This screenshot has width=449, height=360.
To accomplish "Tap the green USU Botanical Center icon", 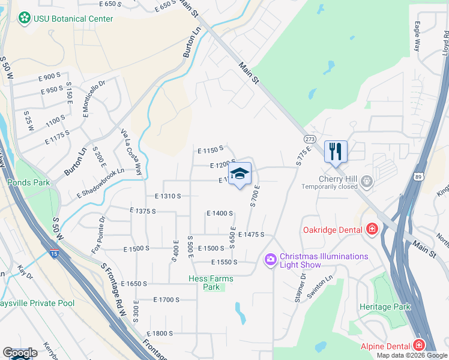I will click(24, 19).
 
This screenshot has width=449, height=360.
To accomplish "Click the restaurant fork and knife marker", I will click(336, 151).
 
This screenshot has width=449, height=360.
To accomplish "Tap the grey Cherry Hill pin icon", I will click(366, 182).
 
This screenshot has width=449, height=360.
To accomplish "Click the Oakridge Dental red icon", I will click(372, 229).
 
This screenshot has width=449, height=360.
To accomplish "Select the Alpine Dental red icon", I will click(418, 346).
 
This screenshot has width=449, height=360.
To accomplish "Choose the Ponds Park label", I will click(28, 182).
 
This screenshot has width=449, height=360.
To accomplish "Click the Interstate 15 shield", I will click(55, 253).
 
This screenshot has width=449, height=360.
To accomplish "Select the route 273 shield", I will click(310, 139).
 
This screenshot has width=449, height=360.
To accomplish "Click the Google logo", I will click(20, 353).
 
